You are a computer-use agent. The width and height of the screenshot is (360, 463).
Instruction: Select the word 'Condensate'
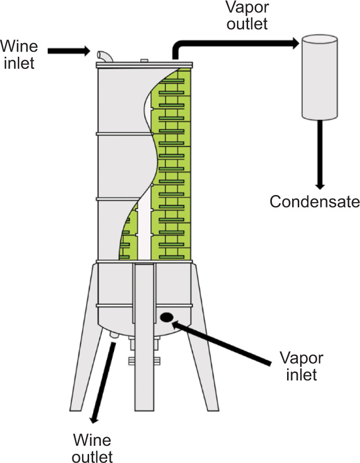[x=314, y=202]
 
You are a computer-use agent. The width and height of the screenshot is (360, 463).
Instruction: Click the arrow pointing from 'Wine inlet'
[x=68, y=51]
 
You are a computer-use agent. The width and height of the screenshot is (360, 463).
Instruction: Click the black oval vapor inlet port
[x=166, y=318]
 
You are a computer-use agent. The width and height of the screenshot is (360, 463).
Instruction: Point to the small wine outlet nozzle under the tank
[x=114, y=335]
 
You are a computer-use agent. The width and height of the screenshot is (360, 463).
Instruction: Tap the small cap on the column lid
[x=144, y=61]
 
